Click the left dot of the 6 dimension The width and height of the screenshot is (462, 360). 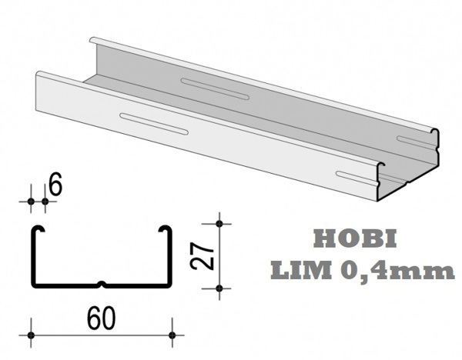tap(32, 202)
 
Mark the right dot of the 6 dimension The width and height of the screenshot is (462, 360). tap(45, 202)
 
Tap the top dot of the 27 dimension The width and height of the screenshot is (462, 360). tap(219, 224)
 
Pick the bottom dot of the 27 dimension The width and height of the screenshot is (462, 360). tap(219, 288)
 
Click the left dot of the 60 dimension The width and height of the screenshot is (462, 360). tap(32, 335)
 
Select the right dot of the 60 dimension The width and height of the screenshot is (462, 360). tap(172, 335)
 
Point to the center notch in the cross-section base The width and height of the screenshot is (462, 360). tap(102, 285)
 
